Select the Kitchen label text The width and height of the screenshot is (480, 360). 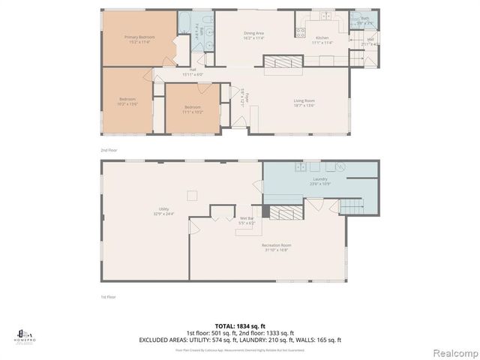(322, 37)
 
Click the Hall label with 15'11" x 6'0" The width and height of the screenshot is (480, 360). (193, 72)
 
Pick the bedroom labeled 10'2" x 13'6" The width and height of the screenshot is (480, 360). (127, 102)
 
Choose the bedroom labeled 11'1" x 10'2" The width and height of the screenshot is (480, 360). (193, 109)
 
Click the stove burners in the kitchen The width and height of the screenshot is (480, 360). (300, 32)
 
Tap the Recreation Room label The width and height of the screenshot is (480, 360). (277, 247)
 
